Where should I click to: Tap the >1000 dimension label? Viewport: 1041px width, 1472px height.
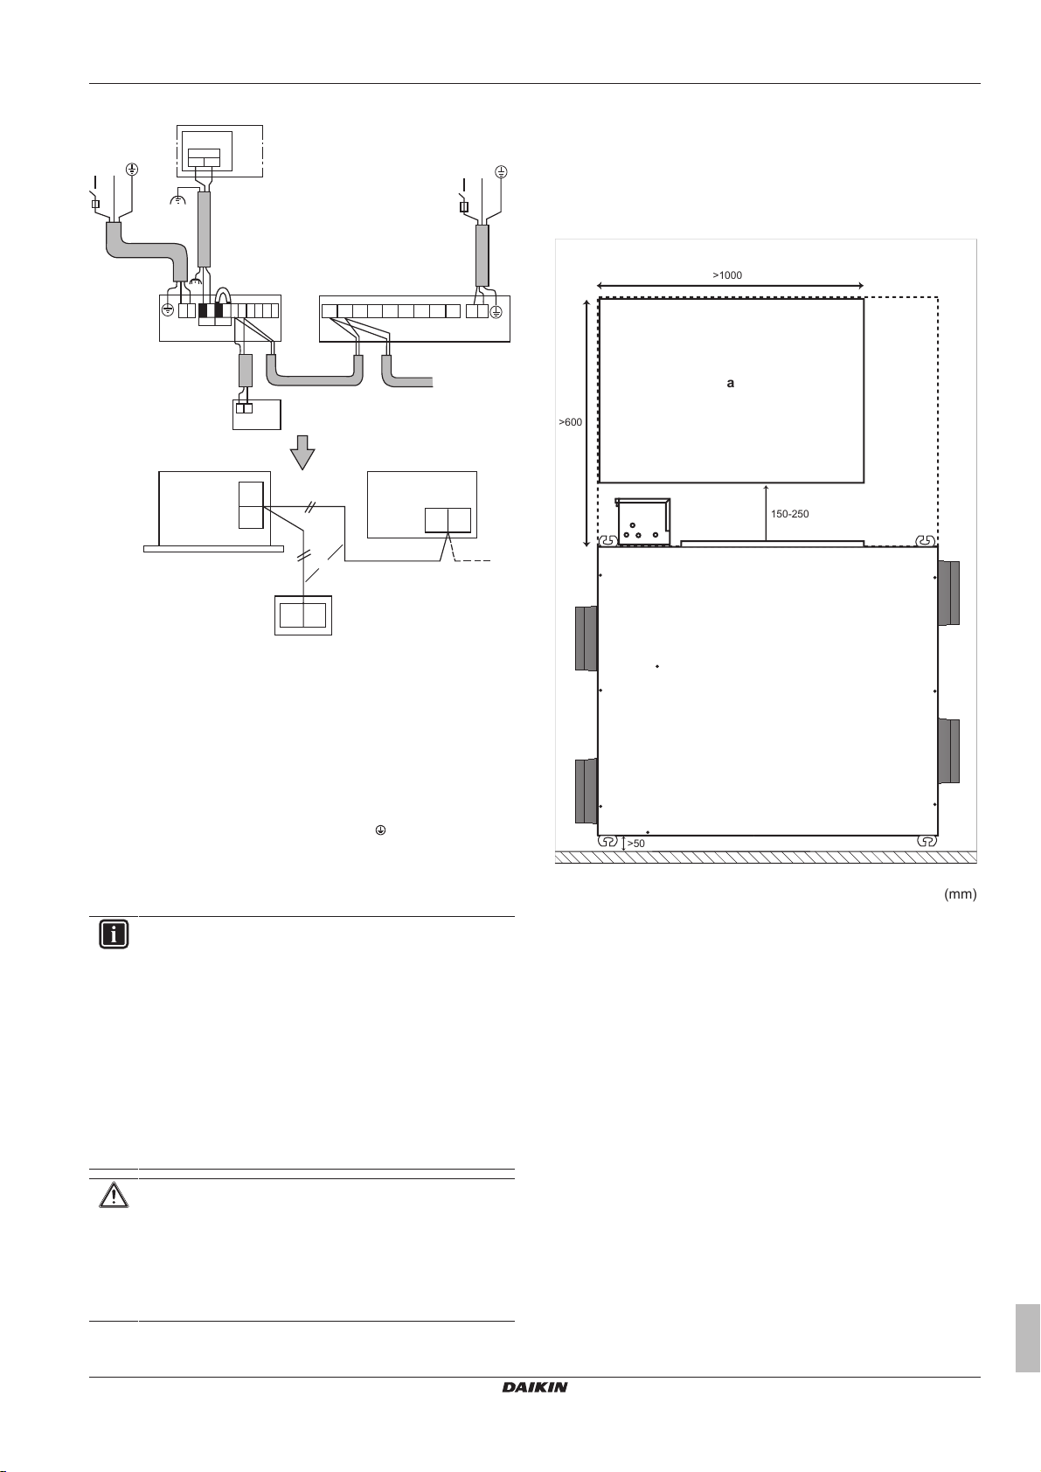[727, 275]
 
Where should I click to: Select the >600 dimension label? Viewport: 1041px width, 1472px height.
[571, 422]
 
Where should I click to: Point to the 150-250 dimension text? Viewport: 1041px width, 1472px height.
[789, 514]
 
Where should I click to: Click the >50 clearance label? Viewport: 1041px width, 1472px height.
[635, 844]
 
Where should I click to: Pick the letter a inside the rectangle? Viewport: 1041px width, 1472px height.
[730, 383]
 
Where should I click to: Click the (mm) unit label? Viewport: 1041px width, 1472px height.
[961, 893]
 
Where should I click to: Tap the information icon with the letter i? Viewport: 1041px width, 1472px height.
[114, 934]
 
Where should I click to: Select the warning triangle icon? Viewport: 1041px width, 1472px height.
[114, 1194]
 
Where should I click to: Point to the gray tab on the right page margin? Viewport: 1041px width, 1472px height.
[1027, 1338]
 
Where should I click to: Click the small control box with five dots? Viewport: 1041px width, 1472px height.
[642, 522]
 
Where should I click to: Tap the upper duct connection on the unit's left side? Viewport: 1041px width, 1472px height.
[586, 638]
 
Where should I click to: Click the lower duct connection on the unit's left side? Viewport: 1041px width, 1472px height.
[586, 791]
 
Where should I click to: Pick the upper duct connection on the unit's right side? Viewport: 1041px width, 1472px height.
[948, 594]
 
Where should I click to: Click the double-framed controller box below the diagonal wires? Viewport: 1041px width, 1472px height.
[303, 615]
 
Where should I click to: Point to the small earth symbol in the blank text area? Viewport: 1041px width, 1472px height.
[380, 830]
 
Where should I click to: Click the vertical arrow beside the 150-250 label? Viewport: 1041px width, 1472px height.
[767, 512]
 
